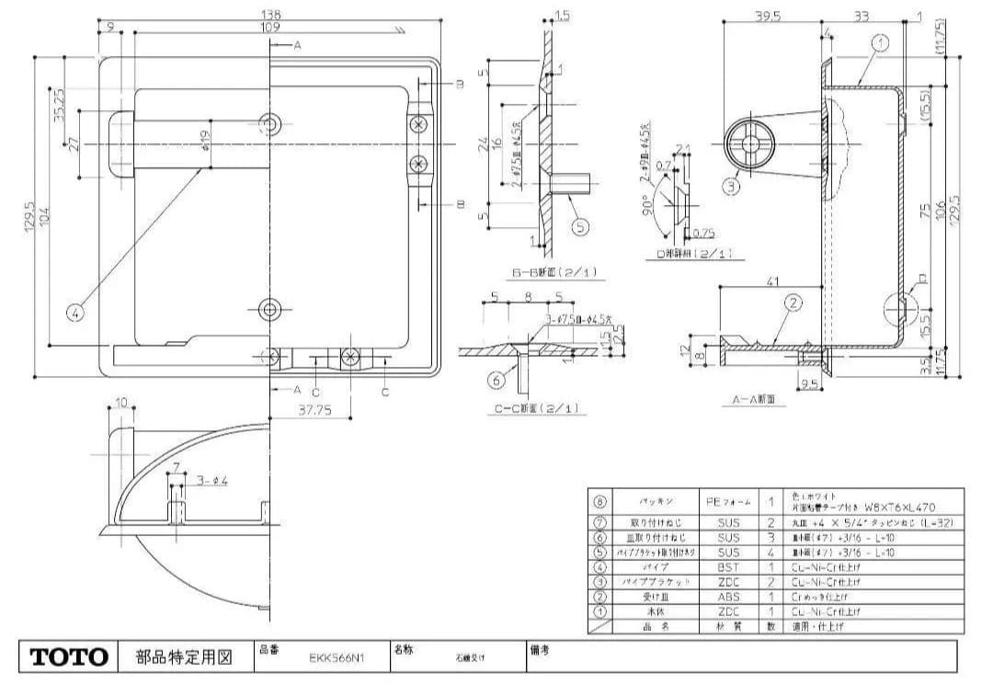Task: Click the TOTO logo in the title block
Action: pyautogui.click(x=71, y=657)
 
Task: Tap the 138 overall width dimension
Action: pyautogui.click(x=270, y=15)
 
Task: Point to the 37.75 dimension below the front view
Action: pyautogui.click(x=314, y=411)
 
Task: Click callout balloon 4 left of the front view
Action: pyautogui.click(x=75, y=312)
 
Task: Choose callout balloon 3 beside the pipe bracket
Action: pyautogui.click(x=730, y=186)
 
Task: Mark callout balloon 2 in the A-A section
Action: pyautogui.click(x=793, y=302)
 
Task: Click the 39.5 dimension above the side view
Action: pyautogui.click(x=767, y=15)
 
